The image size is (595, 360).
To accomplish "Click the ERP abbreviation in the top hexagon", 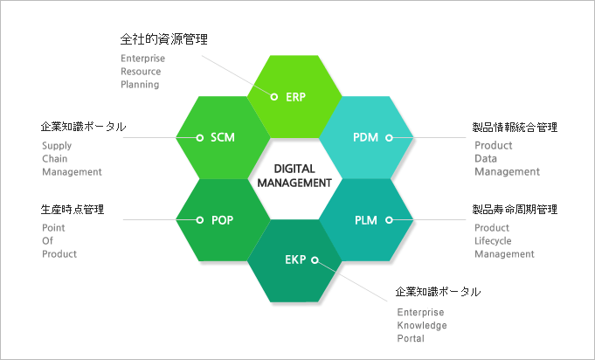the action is click(295, 97).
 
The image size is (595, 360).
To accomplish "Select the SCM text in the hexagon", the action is click(223, 137).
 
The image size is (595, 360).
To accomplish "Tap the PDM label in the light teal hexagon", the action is click(365, 137).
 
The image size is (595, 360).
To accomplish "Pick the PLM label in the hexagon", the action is click(366, 220).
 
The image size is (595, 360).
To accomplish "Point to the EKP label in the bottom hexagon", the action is click(295, 260).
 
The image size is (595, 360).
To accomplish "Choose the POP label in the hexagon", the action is click(223, 220).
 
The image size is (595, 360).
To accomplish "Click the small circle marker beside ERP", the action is click(274, 97).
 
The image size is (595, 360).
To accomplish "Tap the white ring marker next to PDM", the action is click(389, 138).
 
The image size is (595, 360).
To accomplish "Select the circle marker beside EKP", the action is click(315, 260).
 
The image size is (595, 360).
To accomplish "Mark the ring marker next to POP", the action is click(199, 219).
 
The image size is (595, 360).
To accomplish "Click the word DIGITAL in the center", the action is click(294, 169).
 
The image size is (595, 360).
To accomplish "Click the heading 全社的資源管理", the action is click(164, 39).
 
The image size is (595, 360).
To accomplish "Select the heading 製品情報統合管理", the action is click(515, 127).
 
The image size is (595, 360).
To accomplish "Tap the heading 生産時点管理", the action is click(73, 210).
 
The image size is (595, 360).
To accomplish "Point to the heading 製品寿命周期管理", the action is click(515, 210).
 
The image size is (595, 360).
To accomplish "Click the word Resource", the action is click(141, 72).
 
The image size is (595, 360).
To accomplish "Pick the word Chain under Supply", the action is click(55, 158).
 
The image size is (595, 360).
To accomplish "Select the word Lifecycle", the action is click(493, 241).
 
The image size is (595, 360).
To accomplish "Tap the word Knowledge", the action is click(422, 325).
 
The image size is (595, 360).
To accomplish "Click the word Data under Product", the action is click(486, 158).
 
